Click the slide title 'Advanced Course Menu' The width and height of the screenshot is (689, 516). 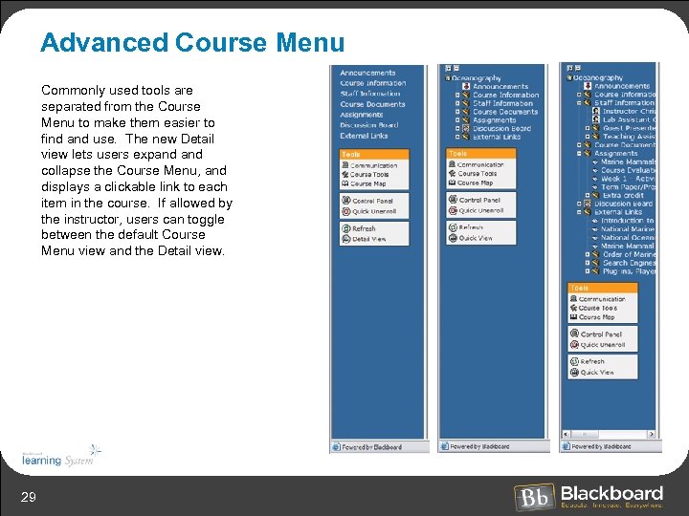pyautogui.click(x=192, y=43)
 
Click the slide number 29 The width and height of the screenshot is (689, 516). pyautogui.click(x=30, y=495)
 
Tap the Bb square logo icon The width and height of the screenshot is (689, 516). pyautogui.click(x=534, y=497)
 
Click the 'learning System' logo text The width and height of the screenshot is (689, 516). pyautogui.click(x=55, y=460)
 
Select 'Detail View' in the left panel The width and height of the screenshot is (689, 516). pyautogui.click(x=368, y=239)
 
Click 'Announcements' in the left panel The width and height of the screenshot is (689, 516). pyautogui.click(x=367, y=73)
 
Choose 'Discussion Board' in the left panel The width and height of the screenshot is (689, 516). pyautogui.click(x=368, y=125)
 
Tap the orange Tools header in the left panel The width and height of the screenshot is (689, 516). pyautogui.click(x=374, y=154)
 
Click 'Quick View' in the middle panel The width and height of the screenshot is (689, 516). pyautogui.click(x=476, y=238)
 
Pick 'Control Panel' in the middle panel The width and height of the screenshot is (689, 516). pyautogui.click(x=479, y=201)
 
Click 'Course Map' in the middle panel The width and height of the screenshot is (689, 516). pyautogui.click(x=476, y=183)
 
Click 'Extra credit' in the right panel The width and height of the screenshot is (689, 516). pyautogui.click(x=623, y=195)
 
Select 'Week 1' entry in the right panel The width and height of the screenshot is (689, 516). pyautogui.click(x=627, y=179)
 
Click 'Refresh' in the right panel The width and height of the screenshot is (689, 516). pyautogui.click(x=592, y=362)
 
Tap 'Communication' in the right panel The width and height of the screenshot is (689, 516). pyautogui.click(x=602, y=299)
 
